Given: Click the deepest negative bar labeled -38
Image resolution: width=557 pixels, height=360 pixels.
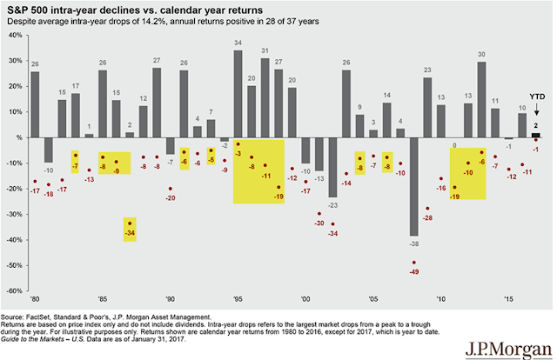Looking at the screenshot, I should click(x=414, y=186).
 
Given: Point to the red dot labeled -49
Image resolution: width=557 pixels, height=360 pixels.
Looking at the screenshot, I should click(x=414, y=262).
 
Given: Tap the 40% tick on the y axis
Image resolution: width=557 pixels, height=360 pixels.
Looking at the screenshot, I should click(x=15, y=36).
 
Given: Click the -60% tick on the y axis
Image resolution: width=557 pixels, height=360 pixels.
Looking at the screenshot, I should click(x=13, y=290).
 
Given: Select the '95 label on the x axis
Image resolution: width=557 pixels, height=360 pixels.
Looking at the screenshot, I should click(x=238, y=297).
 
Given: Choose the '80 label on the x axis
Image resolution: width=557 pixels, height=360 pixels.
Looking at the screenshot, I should click(x=36, y=297).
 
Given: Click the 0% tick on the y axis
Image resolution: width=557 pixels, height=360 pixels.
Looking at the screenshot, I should click(x=18, y=137).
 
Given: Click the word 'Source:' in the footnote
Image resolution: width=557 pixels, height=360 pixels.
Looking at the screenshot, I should click(x=17, y=318).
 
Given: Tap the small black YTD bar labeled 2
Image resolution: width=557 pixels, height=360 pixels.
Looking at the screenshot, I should click(x=535, y=135).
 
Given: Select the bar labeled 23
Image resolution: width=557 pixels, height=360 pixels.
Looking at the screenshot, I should click(x=427, y=108).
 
